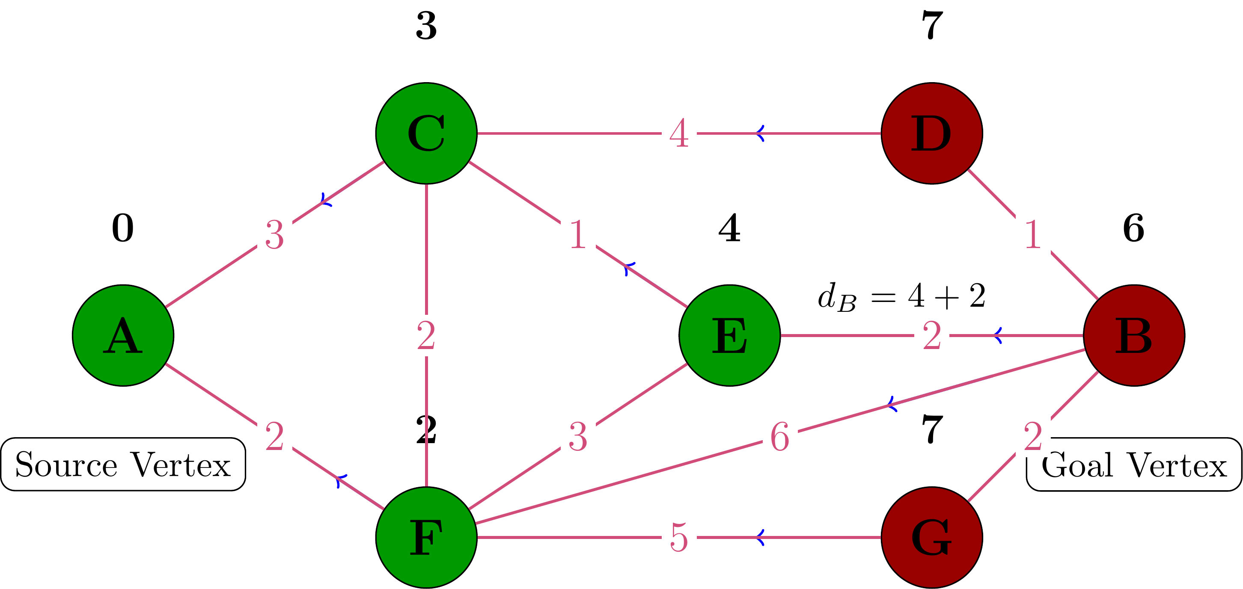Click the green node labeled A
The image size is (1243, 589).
coord(123,335)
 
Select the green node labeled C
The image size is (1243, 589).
coord(426,133)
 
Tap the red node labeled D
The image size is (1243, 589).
coord(932,133)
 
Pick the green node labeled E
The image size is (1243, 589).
coord(730,335)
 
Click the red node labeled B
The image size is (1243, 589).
coord(1134,335)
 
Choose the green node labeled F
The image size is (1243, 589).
coord(426,537)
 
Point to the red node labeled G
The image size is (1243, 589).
coord(932,537)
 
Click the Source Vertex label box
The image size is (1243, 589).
coord(123,465)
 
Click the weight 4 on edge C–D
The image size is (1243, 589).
coord(679,133)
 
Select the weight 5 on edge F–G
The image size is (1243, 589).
coord(679,537)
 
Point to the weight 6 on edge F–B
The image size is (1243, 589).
coord(780,437)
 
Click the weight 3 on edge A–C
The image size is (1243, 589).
coord(274,235)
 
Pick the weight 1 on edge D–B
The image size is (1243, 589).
coord(1032,235)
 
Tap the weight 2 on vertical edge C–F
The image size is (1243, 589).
coord(426,335)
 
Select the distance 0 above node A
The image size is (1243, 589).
coord(123,228)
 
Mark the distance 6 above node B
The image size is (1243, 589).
coord(1134,228)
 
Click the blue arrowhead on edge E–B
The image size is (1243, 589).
coord(998,335)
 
